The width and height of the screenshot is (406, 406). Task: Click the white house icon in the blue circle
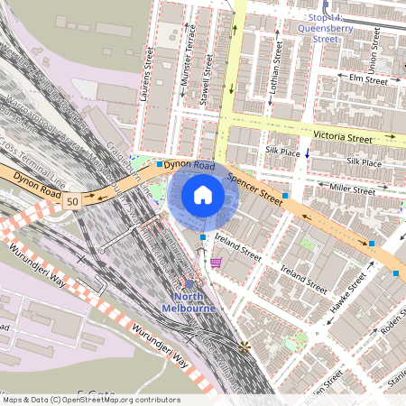point(203,195)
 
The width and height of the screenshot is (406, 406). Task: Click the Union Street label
point(373,55)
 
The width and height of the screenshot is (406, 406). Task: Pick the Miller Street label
point(353,189)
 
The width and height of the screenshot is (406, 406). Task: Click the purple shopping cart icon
point(217,263)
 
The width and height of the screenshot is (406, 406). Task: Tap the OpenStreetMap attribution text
point(90,400)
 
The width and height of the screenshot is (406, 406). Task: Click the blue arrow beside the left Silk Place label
point(308,152)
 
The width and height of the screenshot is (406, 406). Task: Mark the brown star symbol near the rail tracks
point(243,346)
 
